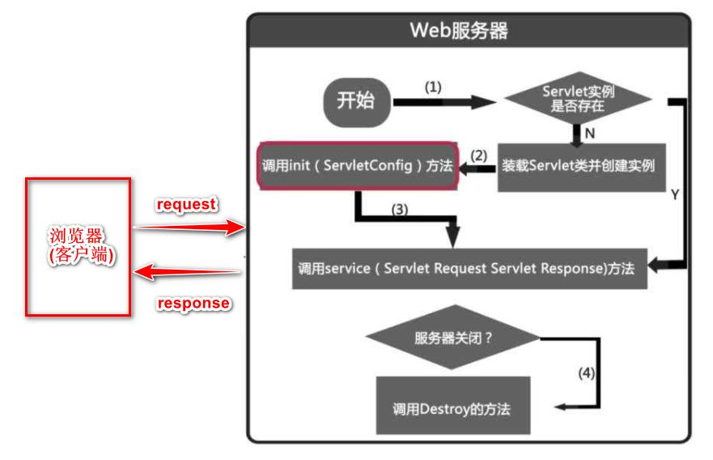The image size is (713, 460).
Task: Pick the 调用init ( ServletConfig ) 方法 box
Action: tap(357, 168)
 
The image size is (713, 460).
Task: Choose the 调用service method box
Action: tap(469, 269)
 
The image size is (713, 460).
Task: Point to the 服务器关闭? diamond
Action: tap(452, 337)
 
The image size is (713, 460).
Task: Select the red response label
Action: tap(193, 304)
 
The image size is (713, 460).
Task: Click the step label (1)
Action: tap(433, 87)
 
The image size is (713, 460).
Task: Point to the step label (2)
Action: tap(479, 154)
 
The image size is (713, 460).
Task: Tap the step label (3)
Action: tap(400, 208)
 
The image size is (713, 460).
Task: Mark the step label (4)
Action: tap(586, 373)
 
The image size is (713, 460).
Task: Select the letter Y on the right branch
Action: tap(674, 195)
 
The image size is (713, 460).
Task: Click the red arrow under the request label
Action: tap(189, 229)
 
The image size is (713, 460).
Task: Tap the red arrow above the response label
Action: tap(189, 273)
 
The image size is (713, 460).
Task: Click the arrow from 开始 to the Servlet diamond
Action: tap(445, 102)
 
